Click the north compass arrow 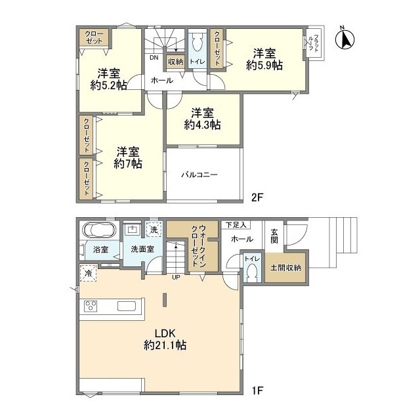345,39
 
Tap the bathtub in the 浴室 100,230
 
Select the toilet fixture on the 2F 198,43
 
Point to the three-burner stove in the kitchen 91,306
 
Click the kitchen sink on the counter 127,306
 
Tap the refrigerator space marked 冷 88,273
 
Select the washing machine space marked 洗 154,230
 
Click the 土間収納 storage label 285,267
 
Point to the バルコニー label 199,175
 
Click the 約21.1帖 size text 165,345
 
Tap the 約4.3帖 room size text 203,125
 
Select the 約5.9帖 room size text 264,65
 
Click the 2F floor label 257,198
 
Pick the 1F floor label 257,390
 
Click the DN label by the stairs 154,58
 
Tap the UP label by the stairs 176,278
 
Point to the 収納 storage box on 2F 175,62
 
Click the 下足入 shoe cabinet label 236,225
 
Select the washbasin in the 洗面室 133,229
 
